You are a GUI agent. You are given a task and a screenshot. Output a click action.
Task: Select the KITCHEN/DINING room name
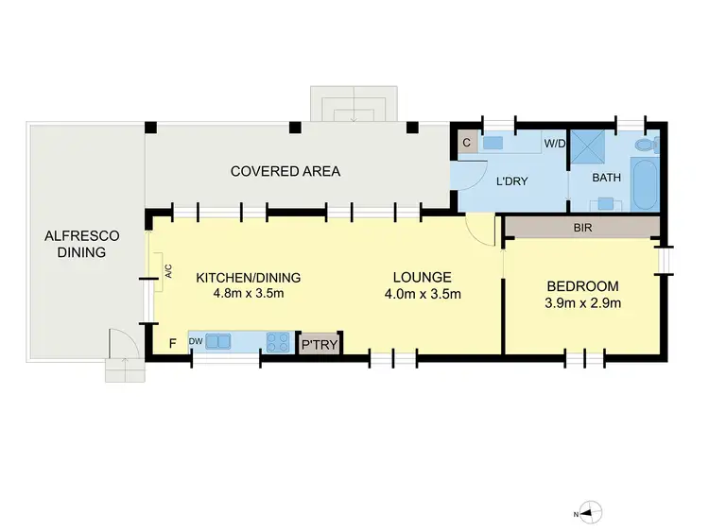[248, 278]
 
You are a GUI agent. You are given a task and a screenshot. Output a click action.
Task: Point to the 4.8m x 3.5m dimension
[248, 293]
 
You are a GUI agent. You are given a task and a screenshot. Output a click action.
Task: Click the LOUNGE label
[423, 278]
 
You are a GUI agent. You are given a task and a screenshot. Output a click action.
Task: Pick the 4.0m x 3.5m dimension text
[423, 293]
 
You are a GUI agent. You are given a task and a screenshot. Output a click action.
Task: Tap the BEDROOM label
[582, 286]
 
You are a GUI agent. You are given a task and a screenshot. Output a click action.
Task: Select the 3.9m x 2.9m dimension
[582, 302]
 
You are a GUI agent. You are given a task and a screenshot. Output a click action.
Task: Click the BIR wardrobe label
[582, 228]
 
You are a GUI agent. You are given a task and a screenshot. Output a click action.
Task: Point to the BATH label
[605, 177]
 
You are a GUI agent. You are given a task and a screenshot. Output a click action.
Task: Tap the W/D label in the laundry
[553, 145]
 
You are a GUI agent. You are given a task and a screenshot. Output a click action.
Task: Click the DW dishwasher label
[196, 340]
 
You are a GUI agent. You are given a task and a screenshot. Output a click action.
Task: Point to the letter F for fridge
[172, 341]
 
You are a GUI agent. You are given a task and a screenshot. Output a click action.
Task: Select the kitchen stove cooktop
[277, 342]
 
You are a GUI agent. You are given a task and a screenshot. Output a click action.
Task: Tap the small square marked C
[466, 144]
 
